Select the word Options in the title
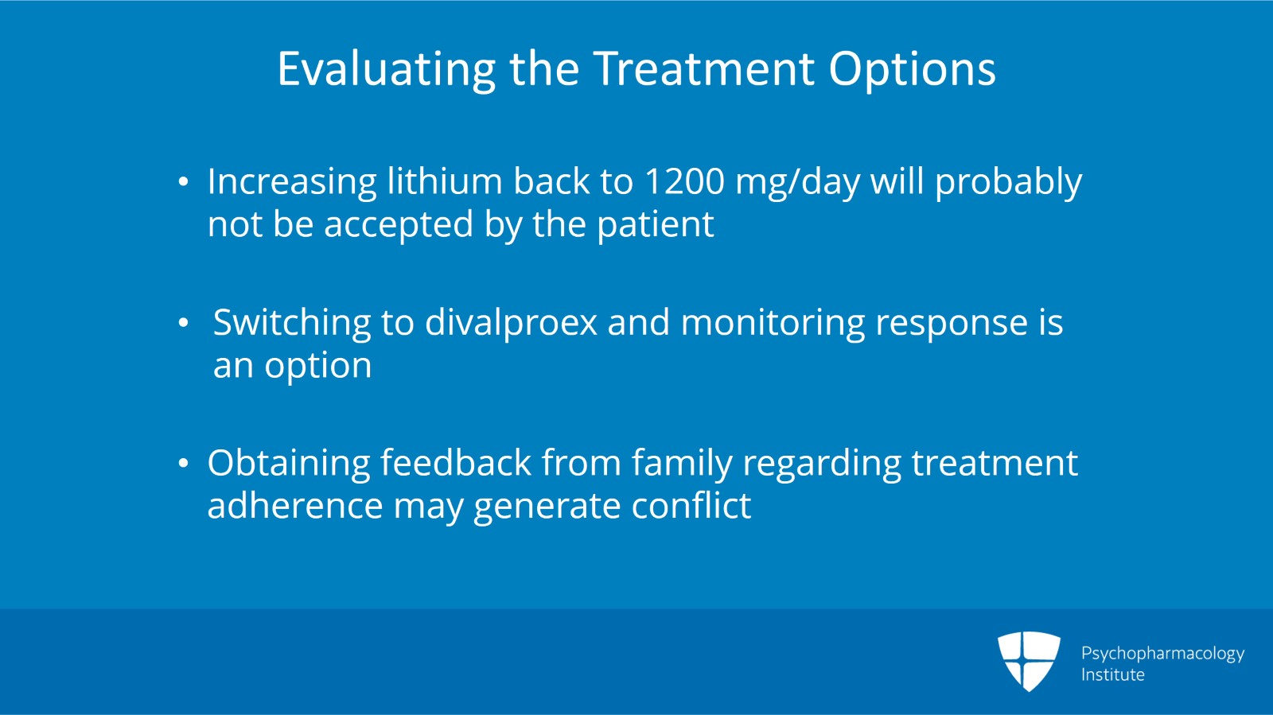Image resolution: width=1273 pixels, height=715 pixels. pyautogui.click(x=912, y=70)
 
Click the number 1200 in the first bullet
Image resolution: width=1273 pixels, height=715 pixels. pyautogui.click(x=684, y=181)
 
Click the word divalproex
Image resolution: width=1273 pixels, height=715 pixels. pyautogui.click(x=511, y=323)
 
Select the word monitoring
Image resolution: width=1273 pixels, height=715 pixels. pyautogui.click(x=773, y=324)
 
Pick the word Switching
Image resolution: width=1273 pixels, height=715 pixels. pyautogui.click(x=291, y=324)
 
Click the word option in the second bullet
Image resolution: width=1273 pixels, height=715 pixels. pyautogui.click(x=317, y=367)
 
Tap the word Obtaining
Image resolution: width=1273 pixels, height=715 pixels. pyautogui.click(x=288, y=464)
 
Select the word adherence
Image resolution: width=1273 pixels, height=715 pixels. pyautogui.click(x=294, y=506)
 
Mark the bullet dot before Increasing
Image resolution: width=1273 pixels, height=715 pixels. pyautogui.click(x=184, y=183)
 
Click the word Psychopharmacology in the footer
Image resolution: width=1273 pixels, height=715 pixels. pyautogui.click(x=1162, y=654)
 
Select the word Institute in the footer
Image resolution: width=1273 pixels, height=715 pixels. pyautogui.click(x=1112, y=674)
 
